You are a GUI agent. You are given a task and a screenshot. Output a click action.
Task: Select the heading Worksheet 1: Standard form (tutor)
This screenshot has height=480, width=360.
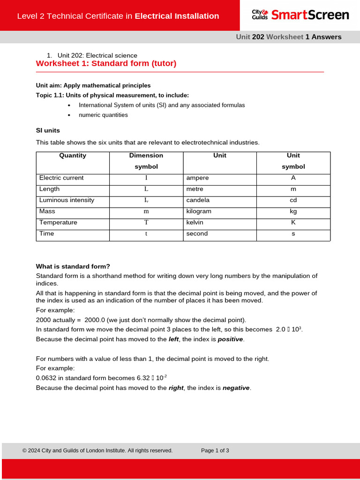(x=106, y=63)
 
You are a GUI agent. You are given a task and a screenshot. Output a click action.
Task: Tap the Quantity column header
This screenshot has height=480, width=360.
(x=73, y=156)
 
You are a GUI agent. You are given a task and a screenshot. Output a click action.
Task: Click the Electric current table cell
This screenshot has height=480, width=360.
(x=61, y=178)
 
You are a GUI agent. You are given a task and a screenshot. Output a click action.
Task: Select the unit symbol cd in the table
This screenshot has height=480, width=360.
(x=293, y=200)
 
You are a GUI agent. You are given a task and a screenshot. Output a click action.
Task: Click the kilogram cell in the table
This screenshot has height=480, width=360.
(x=199, y=211)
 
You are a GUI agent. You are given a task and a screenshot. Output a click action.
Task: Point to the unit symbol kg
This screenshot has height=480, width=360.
(x=293, y=211)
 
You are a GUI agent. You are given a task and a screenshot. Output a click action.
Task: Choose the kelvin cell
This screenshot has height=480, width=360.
(x=195, y=223)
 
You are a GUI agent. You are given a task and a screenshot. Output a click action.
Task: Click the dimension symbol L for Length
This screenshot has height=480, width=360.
(x=146, y=189)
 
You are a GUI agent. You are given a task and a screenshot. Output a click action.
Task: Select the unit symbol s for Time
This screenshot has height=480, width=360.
(x=293, y=234)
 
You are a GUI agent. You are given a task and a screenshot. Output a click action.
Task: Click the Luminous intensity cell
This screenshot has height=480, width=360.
(x=67, y=200)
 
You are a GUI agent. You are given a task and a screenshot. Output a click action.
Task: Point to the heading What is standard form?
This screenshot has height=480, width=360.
(x=73, y=267)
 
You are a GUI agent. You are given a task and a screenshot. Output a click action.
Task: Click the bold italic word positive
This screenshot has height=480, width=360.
(x=230, y=339)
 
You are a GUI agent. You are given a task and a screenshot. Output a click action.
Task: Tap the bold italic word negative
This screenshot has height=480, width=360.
(x=236, y=388)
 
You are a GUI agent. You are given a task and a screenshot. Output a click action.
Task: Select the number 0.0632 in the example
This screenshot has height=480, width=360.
(x=47, y=378)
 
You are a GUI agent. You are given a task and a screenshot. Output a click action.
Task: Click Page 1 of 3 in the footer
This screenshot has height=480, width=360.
(x=215, y=450)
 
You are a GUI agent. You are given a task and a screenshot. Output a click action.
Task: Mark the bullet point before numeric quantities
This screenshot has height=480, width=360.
(x=69, y=115)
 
